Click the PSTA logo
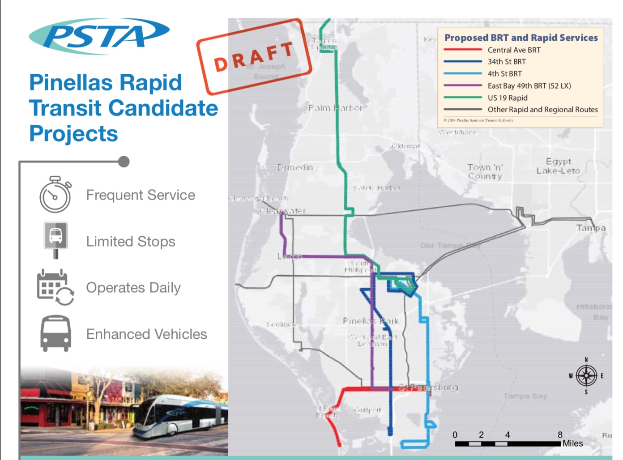click(99, 36)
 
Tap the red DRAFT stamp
click(254, 56)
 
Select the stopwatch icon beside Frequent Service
click(55, 195)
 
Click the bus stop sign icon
click(55, 239)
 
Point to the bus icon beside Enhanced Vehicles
click(55, 333)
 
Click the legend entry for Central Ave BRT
click(514, 50)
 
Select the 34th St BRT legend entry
click(507, 62)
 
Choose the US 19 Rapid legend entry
click(508, 98)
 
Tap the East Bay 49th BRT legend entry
click(529, 85)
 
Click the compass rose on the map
click(586, 375)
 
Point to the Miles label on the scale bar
click(572, 443)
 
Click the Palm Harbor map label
click(335, 108)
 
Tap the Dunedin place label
click(295, 167)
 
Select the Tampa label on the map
click(591, 228)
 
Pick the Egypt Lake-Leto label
click(558, 166)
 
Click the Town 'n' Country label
click(485, 171)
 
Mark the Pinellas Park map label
click(371, 321)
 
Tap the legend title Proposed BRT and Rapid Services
click(521, 38)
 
